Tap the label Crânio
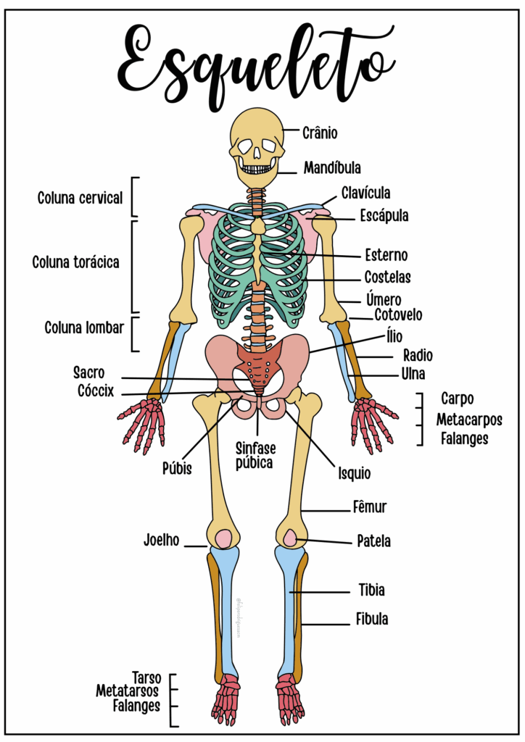coord(320,133)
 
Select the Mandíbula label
coord(332,168)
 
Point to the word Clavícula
coord(366,193)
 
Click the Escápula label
coord(384,216)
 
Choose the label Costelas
coord(387,278)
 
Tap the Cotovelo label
coord(398,315)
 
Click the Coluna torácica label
coord(75,262)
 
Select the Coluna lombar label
coord(84,327)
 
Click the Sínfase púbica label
coord(255,456)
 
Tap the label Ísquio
coord(354,475)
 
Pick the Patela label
coord(373,541)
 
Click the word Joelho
coord(161,541)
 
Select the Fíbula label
coord(371,620)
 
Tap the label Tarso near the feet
coord(146,677)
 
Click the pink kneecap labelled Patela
coord(289,538)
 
